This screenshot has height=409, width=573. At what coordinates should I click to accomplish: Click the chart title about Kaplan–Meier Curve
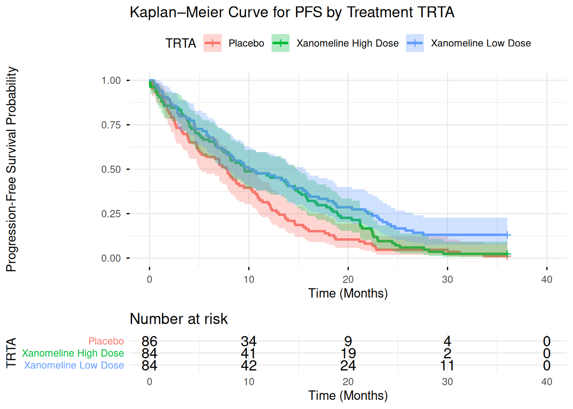tap(292, 12)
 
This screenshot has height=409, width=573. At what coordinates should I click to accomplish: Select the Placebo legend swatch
tap(212, 43)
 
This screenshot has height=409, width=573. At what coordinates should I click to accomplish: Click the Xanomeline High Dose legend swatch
tap(281, 43)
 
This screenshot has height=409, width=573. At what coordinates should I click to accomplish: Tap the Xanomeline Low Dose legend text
tap(480, 43)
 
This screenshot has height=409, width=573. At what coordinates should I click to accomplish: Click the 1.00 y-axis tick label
tap(111, 81)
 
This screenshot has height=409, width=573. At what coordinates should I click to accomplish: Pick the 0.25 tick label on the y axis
tap(111, 213)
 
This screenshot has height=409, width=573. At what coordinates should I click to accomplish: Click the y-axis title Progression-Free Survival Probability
tap(12, 169)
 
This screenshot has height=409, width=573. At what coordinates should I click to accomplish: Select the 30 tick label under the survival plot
tap(447, 279)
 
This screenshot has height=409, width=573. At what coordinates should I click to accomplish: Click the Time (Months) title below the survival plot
tap(348, 293)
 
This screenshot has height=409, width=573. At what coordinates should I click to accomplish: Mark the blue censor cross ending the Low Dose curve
tap(507, 235)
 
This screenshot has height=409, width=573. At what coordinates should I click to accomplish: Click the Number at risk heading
tap(179, 319)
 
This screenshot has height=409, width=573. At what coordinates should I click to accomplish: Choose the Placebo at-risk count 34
tap(249, 341)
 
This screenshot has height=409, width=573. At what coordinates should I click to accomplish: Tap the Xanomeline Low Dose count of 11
tap(447, 366)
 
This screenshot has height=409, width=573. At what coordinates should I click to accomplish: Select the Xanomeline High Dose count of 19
tap(348, 353)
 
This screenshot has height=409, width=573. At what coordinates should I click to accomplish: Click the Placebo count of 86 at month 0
tap(149, 341)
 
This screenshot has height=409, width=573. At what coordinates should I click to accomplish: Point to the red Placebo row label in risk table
tap(106, 341)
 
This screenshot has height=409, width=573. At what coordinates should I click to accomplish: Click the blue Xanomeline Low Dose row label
tap(74, 366)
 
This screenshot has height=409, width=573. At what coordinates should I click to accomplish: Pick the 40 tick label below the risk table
tap(547, 382)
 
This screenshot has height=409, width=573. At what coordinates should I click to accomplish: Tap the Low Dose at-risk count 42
tap(249, 366)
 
